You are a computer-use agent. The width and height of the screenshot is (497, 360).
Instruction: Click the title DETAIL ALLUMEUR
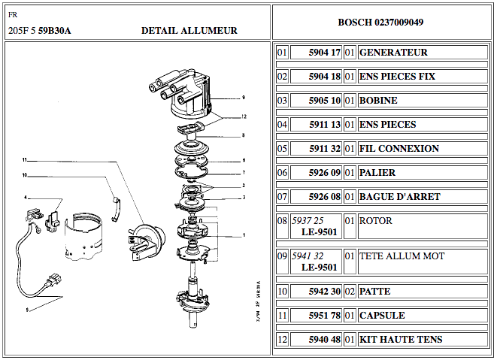pyautogui.click(x=189, y=31)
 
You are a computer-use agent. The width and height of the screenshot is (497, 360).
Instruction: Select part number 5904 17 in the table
pyautogui.click(x=325, y=53)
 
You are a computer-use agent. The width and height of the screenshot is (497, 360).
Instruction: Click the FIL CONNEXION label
pyautogui.click(x=399, y=149)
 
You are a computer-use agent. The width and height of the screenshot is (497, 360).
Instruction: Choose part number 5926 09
pyautogui.click(x=325, y=173)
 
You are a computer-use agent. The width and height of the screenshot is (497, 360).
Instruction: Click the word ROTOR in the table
pyautogui.click(x=376, y=222)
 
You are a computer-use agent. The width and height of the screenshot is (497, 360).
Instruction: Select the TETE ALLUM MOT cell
pyautogui.click(x=402, y=256)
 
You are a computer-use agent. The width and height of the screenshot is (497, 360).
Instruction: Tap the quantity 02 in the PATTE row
pyautogui.click(x=350, y=292)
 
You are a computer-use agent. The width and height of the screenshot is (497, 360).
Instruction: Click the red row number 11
pyautogui.click(x=282, y=316)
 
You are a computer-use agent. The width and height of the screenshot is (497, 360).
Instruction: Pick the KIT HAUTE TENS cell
pyautogui.click(x=401, y=340)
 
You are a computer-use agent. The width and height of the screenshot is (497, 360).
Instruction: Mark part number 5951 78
pyautogui.click(x=325, y=316)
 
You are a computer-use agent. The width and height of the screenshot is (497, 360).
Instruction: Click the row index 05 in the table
pyautogui.click(x=282, y=149)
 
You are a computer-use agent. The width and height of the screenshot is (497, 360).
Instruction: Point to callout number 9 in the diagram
pyautogui.click(x=244, y=98)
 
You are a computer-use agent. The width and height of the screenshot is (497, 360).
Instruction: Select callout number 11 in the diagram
pyautogui.click(x=24, y=160)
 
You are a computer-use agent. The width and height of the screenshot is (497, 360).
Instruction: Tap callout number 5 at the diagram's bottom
pyautogui.click(x=26, y=309)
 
